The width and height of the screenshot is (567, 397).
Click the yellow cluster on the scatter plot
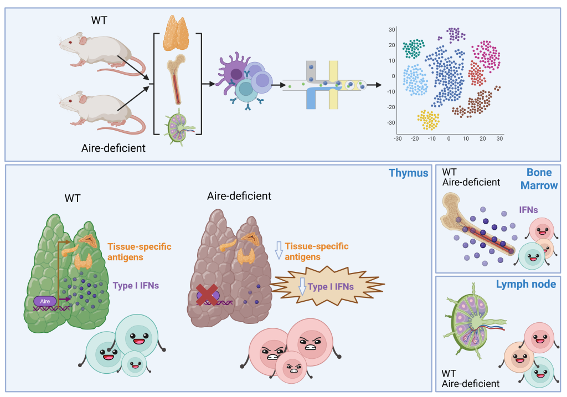click(x=427, y=120)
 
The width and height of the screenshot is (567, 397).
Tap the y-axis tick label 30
click(x=391, y=29)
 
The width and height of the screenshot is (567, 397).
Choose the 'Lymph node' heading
click(x=527, y=284)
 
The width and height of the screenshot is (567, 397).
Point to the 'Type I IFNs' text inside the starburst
click(x=331, y=287)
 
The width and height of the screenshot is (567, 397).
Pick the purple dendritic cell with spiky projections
click(x=237, y=71)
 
